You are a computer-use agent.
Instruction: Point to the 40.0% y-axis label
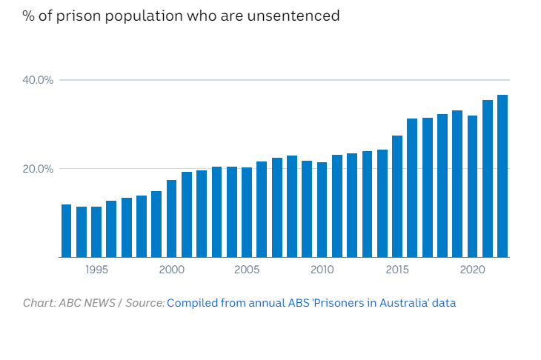coord(40,80)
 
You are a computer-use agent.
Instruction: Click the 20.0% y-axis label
coord(40,169)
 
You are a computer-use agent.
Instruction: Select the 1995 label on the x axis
coord(96,270)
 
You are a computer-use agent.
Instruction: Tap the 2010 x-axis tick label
coord(322,270)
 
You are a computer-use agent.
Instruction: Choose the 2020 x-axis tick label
coord(472,270)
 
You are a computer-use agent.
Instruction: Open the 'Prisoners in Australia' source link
coord(311,303)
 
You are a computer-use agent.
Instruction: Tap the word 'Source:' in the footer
coord(145,303)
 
